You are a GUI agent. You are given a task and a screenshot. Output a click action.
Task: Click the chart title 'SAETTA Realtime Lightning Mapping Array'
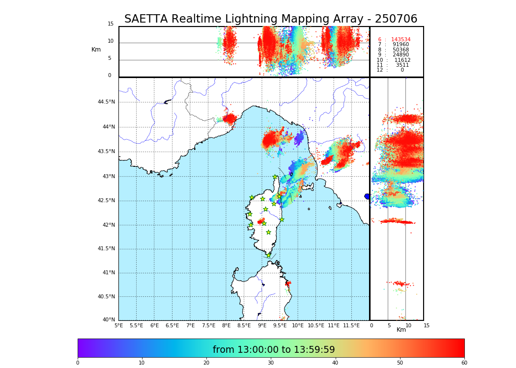(270, 19)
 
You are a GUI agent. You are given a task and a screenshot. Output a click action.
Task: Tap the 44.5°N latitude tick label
(106, 102)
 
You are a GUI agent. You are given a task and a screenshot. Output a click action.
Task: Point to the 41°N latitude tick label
(108, 273)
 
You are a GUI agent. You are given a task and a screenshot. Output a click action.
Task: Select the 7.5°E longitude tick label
(208, 325)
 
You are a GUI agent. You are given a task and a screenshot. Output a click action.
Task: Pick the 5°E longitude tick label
(118, 325)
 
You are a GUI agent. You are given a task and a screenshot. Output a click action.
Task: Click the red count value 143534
(401, 40)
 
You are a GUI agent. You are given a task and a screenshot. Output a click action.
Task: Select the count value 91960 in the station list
(401, 45)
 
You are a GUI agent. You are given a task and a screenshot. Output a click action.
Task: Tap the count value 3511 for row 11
(402, 65)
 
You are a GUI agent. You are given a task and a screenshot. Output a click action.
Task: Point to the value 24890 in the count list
(401, 55)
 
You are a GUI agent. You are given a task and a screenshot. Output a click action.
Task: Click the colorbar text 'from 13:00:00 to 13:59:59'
(274, 350)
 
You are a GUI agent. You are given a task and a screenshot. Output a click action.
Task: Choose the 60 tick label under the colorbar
(464, 363)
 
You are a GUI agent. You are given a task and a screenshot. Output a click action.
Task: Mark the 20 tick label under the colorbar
(206, 363)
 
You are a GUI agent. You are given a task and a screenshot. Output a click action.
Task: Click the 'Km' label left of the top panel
(96, 50)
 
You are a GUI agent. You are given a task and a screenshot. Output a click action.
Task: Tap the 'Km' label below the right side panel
(401, 330)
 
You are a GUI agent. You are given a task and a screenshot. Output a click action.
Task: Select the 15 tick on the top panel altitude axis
(111, 24)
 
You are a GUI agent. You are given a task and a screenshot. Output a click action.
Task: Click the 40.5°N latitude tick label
(106, 297)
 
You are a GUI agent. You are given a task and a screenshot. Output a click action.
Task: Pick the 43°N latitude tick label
(108, 177)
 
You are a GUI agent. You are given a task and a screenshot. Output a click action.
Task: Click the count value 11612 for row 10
(402, 60)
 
